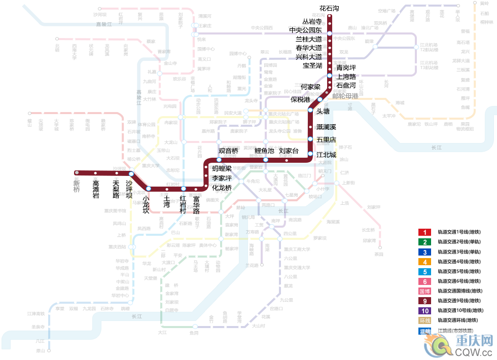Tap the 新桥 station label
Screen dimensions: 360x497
click(77, 186)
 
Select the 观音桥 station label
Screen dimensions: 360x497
click(228, 151)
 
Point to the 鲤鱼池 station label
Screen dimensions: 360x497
click(264, 151)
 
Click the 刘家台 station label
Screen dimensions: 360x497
click(289, 151)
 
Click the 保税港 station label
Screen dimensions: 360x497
click(300, 99)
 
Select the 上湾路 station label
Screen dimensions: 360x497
click(346, 76)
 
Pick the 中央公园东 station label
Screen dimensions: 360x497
click(305, 30)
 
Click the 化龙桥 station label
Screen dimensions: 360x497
click(222, 188)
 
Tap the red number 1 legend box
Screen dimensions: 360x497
click(424, 232)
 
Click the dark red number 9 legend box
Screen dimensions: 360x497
click(424, 301)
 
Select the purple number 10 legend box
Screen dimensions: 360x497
click(424, 311)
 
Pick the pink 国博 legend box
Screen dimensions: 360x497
click(424, 292)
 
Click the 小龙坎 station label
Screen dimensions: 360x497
click(146, 204)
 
